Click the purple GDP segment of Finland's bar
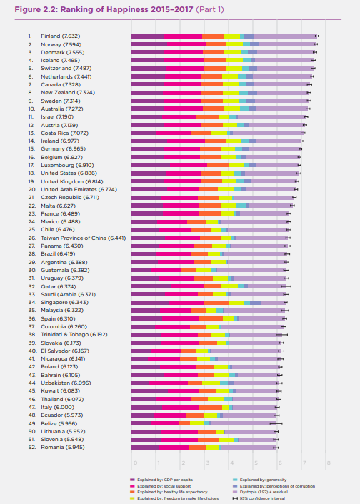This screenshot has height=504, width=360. coord(148,36)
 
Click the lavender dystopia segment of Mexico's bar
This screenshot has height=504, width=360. coord(254,221)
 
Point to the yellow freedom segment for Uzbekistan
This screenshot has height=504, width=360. coord(211,383)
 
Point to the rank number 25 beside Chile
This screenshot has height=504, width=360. coord(31,229)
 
